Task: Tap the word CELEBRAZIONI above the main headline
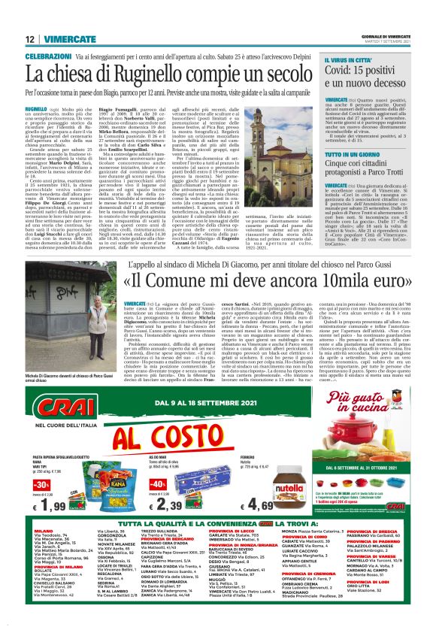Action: click(x=49, y=56)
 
